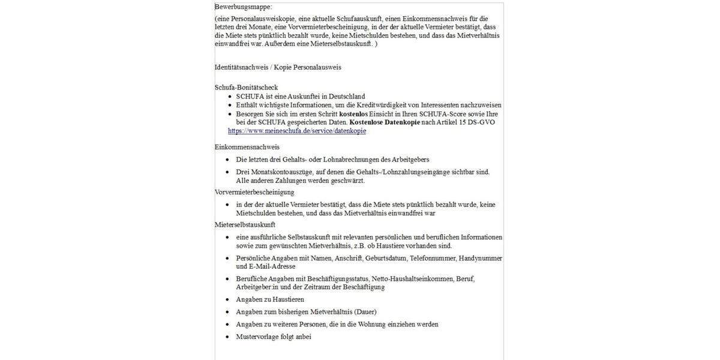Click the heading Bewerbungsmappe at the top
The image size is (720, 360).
(x=243, y=7)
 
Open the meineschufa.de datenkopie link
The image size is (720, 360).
(x=296, y=131)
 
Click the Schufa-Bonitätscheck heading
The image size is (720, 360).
(x=246, y=88)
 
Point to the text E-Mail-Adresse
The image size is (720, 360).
(x=270, y=266)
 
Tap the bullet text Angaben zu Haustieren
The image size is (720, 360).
(x=270, y=299)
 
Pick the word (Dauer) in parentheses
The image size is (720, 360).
(x=365, y=312)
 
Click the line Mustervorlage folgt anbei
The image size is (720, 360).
(x=274, y=337)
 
